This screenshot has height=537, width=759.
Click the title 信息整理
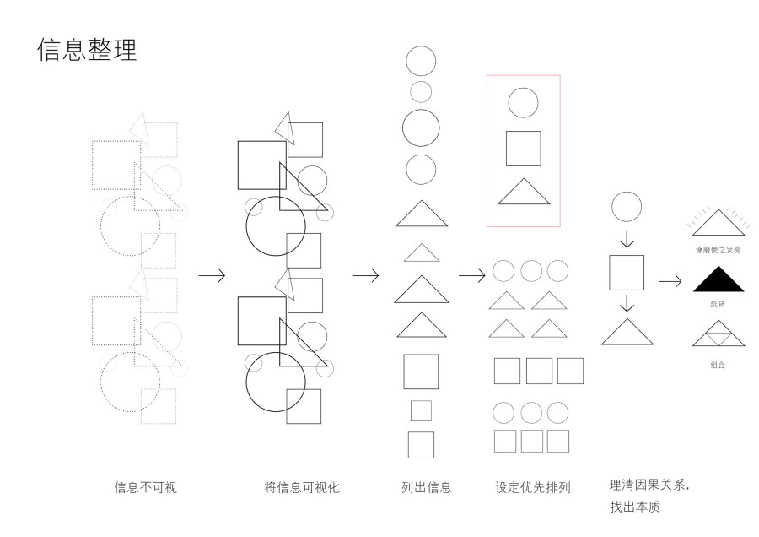pos(87,50)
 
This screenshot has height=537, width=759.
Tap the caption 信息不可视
pos(146,487)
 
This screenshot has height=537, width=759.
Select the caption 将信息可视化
pos(302,487)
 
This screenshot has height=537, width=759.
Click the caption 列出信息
pos(427,487)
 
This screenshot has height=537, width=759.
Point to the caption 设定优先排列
pos(533,487)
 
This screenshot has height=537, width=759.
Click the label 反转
pos(718,304)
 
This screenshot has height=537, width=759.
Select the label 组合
pos(718,365)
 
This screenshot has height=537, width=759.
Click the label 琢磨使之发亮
pos(718,249)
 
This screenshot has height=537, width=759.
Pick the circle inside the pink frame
pos(523,103)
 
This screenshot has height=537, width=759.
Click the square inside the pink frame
pos(523,149)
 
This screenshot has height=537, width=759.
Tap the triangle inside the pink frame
pos(523,193)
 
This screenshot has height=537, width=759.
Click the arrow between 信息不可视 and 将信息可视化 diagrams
pos(212,275)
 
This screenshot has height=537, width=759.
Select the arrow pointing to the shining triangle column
pos(670,281)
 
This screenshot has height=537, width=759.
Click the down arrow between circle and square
pos(627,238)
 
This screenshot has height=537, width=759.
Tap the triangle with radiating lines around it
pos(718,223)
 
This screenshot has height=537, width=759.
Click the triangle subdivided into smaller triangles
pos(718,336)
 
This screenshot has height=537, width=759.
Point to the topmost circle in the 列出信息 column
pos(421,61)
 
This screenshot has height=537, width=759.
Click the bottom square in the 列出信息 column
pos(421,445)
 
